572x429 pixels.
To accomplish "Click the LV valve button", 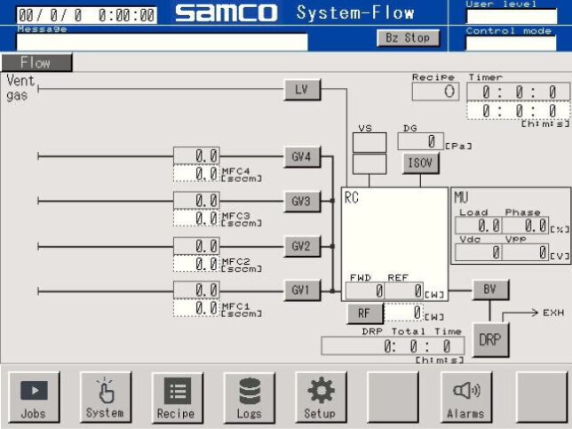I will pos(302,89).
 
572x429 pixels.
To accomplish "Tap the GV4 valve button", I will pos(302,157).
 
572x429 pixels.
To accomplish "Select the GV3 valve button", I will pos(302,202).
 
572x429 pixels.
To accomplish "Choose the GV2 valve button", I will pos(302,246).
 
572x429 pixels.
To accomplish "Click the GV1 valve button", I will pos(302,290).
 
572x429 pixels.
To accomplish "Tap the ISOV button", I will pos(421,163).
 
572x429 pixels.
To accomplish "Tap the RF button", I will pos(364,313).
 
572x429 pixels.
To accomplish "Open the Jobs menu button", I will pos(34,396).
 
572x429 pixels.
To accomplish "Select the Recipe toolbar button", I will pos(176,396).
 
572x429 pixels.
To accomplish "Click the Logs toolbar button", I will pos(249,396).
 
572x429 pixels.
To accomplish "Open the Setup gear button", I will pos(320,396).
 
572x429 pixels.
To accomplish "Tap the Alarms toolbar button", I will pos(465,396).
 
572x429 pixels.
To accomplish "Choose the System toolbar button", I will pos(105,396).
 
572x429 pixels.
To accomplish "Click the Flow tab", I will pos(36,63).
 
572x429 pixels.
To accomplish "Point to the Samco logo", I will pos(226,13).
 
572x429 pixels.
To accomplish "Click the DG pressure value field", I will pos(420,140).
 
